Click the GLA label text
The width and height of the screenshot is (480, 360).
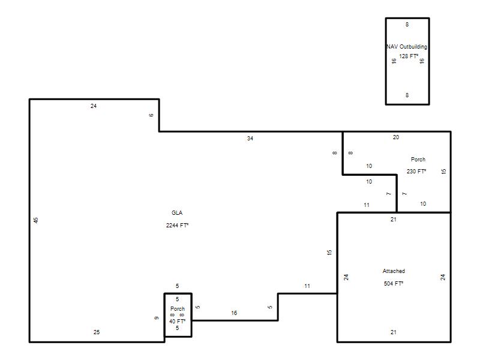pyautogui.click(x=177, y=213)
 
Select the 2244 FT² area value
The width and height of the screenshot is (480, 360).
pyautogui.click(x=177, y=226)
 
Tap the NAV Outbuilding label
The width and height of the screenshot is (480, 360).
pyautogui.click(x=407, y=47)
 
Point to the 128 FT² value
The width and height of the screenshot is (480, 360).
pyautogui.click(x=409, y=56)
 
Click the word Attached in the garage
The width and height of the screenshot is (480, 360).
pyautogui.click(x=394, y=271)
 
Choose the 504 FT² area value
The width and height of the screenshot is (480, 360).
pyautogui.click(x=394, y=283)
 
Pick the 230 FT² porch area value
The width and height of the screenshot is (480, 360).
pyautogui.click(x=416, y=171)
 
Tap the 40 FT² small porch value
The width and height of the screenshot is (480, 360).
pyautogui.click(x=178, y=321)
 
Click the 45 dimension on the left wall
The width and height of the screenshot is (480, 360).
pyautogui.click(x=36, y=220)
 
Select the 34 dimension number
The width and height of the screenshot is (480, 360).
pyautogui.click(x=250, y=139)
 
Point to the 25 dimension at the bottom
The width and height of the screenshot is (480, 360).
pyautogui.click(x=97, y=332)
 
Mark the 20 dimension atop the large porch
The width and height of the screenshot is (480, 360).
pyautogui.click(x=396, y=137)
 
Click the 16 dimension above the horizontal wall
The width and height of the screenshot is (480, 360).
pyautogui.click(x=234, y=313)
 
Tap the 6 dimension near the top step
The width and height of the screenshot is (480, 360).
pyautogui.click(x=151, y=115)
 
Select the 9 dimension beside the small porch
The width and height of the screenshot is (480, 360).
pyautogui.click(x=156, y=318)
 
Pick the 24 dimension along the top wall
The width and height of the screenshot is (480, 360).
pyautogui.click(x=94, y=106)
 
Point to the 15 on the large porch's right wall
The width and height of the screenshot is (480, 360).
pyautogui.click(x=443, y=172)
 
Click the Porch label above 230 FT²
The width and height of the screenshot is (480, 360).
pyautogui.click(x=418, y=159)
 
